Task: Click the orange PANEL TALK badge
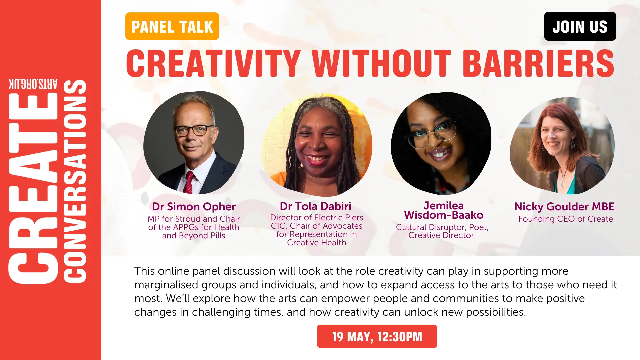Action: click(x=172, y=26)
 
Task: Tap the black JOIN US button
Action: click(x=580, y=26)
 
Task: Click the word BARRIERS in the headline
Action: click(x=538, y=63)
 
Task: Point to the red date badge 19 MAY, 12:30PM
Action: click(x=377, y=336)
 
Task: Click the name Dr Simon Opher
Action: click(x=194, y=207)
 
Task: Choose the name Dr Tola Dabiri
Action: click(x=316, y=206)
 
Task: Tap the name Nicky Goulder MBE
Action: click(x=564, y=207)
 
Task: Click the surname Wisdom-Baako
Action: click(x=444, y=215)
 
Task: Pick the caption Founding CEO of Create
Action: click(x=566, y=219)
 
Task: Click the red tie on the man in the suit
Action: click(x=189, y=182)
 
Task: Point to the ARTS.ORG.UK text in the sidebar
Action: click(x=33, y=84)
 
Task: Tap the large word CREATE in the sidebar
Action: click(x=33, y=188)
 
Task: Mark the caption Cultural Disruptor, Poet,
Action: click(x=442, y=227)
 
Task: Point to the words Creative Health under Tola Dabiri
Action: click(x=317, y=243)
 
